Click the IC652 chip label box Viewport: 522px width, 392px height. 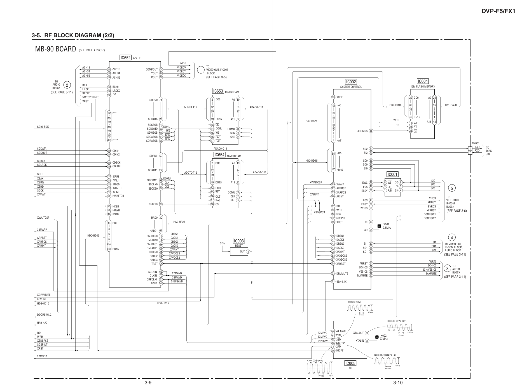tap(125, 58)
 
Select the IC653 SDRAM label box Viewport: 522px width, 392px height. tap(218, 91)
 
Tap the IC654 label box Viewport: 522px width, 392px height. tap(219, 155)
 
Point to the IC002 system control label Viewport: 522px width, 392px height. tap(351, 82)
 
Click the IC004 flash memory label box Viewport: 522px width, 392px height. tap(423, 81)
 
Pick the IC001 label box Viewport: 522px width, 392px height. tap(392, 174)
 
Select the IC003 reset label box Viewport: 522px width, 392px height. tap(239, 241)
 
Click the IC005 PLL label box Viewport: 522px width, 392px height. tap(350, 363)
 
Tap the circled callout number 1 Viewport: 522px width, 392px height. tap(200, 70)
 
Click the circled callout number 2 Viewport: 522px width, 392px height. tap(67, 85)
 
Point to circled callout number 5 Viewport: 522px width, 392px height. tap(451, 188)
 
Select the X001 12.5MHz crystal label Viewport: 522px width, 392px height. tap(386, 226)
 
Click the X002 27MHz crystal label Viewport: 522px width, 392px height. tap(383, 337)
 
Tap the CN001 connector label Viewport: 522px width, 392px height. tap(476, 143)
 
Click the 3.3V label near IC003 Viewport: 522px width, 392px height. tap(223, 244)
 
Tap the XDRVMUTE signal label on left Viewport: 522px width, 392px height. tap(44, 295)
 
